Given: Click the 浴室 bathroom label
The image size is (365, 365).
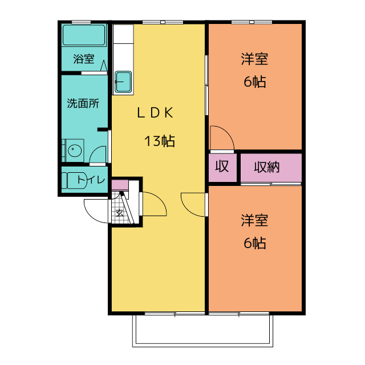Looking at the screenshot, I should [83, 59].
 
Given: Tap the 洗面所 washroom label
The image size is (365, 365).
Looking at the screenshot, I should [83, 104].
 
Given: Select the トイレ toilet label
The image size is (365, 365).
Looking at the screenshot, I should [91, 180].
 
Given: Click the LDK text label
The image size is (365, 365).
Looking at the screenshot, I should [154, 113].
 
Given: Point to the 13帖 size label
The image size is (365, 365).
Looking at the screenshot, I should [159, 141].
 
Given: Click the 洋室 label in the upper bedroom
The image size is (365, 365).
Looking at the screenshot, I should [254, 59].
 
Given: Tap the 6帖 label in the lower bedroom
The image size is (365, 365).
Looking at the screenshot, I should [254, 244].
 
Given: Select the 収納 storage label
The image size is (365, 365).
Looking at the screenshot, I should [266, 167].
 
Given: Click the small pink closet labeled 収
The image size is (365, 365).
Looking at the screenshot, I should [222, 167].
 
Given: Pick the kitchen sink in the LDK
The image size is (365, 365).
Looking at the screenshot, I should [123, 82].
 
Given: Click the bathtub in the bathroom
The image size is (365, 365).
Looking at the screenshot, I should [84, 35].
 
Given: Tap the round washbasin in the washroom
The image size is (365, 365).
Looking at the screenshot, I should [74, 151].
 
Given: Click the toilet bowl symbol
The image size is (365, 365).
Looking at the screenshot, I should [71, 180].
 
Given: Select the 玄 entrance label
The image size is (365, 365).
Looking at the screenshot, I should [120, 213].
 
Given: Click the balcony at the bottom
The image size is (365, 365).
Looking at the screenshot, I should [203, 331].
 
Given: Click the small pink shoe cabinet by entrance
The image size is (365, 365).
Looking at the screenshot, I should [120, 185].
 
